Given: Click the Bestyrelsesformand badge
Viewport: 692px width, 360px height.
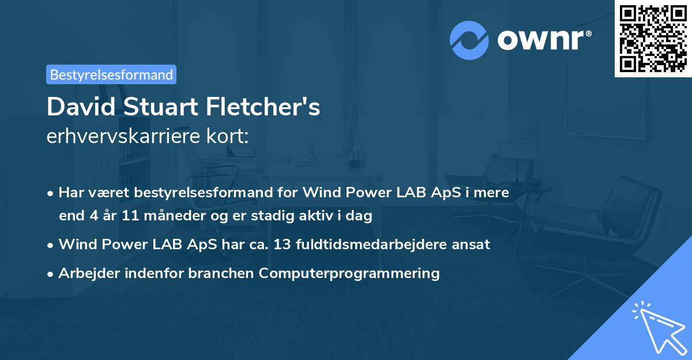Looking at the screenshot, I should [x=111, y=74].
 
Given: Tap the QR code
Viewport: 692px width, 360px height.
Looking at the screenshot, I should [x=653, y=39].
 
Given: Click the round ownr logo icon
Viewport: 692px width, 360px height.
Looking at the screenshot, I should [x=469, y=40].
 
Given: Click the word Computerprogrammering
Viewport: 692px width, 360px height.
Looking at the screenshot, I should [x=349, y=273].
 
